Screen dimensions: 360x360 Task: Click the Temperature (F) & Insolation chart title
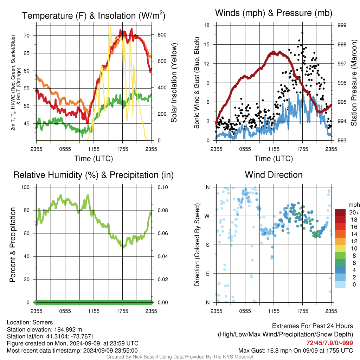[x=94, y=15]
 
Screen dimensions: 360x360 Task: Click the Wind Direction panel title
[x=274, y=175]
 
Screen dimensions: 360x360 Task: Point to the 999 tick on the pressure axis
[x=342, y=25]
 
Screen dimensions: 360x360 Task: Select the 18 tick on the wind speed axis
[x=207, y=25]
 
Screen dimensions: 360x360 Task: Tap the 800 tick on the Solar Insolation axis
[x=162, y=35]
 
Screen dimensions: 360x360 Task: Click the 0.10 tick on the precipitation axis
[x=162, y=187]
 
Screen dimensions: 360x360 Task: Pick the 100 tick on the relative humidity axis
[x=25, y=187]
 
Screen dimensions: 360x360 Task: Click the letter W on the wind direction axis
[x=207, y=216]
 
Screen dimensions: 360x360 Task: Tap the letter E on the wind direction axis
[x=207, y=274]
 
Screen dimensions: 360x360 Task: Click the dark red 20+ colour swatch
[x=340, y=212]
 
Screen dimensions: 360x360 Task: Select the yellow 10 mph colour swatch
[x=340, y=249]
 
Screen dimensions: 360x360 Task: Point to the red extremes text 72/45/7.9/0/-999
[x=329, y=343]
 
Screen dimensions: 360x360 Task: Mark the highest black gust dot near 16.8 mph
[x=302, y=33]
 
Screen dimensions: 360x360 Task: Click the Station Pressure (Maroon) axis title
[x=354, y=83]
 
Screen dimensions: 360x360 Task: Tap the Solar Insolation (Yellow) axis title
[x=174, y=83]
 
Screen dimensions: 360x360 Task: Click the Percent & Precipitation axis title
[x=13, y=245]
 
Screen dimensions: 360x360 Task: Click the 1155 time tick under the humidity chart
[x=94, y=311]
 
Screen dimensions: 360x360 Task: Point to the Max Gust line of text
[x=295, y=351]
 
